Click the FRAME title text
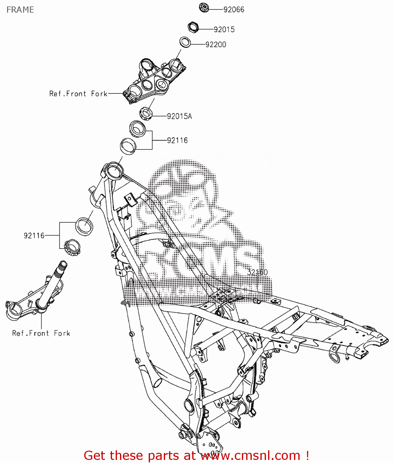point(20,10)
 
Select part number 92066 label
point(234,10)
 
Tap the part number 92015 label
point(224,29)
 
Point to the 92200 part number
point(216,44)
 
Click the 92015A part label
point(179,116)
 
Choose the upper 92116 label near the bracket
point(177,140)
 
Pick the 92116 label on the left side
point(34,236)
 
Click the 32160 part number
point(257,272)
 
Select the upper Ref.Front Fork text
point(78,94)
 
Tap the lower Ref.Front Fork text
point(41,333)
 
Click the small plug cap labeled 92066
point(204,8)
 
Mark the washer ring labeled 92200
point(185,42)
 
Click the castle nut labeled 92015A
point(146,113)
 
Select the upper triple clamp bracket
point(154,80)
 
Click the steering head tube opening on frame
point(114,170)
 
